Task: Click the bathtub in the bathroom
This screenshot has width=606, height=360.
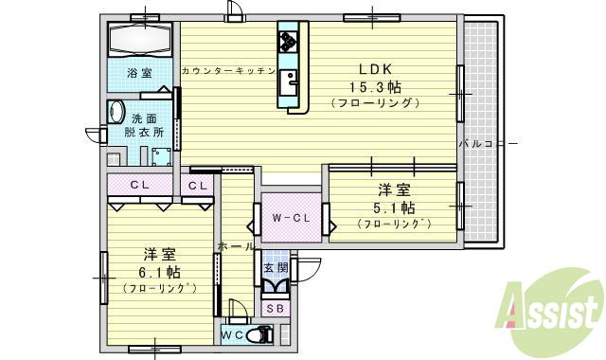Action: click(x=139, y=42)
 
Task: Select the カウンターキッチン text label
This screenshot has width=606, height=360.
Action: click(x=227, y=71)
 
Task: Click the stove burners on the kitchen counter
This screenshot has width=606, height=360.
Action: click(x=289, y=41)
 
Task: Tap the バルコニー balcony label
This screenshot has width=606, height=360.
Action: click(x=487, y=144)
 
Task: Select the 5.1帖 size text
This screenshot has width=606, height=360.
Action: click(x=394, y=207)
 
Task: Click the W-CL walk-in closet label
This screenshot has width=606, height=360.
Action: click(x=292, y=219)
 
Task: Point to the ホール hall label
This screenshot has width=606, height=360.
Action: click(x=236, y=246)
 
